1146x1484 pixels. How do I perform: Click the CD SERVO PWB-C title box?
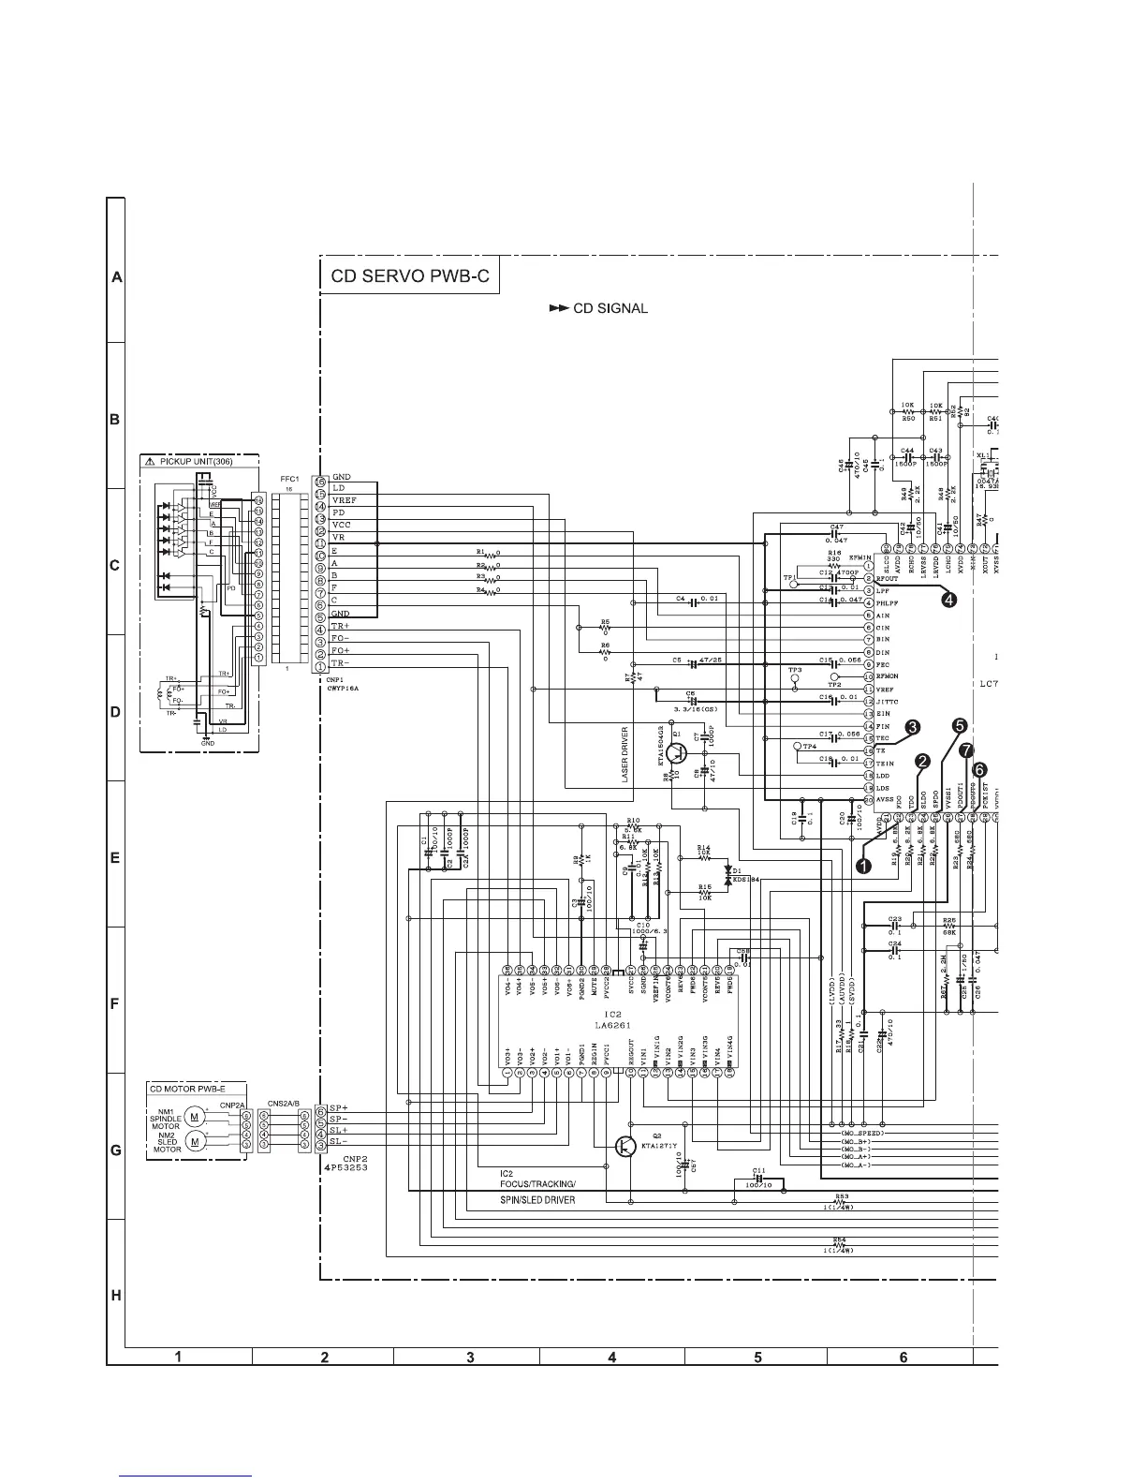[x=409, y=277]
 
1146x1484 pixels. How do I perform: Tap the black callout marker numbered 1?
[x=864, y=867]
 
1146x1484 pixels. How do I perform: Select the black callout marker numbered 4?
[x=948, y=601]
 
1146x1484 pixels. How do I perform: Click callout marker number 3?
[x=911, y=726]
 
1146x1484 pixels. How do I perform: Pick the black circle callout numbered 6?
[x=979, y=768]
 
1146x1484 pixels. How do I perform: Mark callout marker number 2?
[x=922, y=762]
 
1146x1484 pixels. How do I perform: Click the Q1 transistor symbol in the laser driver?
[x=680, y=752]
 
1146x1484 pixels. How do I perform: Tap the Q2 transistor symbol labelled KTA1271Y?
[x=624, y=1147]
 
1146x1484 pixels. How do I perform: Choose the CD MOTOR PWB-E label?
[x=187, y=1089]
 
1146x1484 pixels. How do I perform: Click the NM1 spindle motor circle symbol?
[x=194, y=1116]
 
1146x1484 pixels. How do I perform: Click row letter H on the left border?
[x=116, y=1296]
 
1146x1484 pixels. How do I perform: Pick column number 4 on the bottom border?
[x=611, y=1357]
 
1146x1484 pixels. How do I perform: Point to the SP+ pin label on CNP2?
[x=339, y=1109]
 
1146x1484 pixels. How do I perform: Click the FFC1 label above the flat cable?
[x=288, y=478]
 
